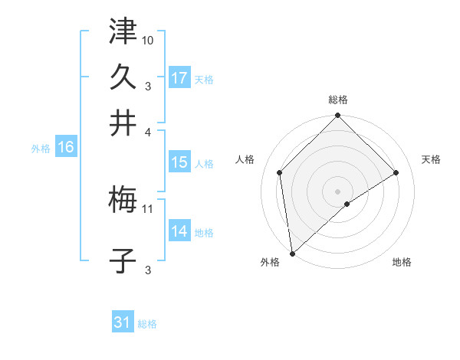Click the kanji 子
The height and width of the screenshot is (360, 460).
point(123,261)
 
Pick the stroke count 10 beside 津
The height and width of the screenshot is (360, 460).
point(148,40)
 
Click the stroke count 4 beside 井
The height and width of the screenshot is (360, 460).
point(149,131)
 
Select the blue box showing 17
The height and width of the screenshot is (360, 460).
point(179,78)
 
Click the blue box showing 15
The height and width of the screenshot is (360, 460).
point(179,162)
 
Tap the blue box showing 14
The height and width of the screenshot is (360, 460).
point(179,232)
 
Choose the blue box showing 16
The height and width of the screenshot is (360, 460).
point(66,148)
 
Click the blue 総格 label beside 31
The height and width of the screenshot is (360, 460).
point(147,324)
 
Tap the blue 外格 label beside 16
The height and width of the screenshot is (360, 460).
point(41,149)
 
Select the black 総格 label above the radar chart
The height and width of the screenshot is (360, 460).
point(337,100)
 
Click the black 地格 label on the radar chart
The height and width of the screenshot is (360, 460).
point(402,263)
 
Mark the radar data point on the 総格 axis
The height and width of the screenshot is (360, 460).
point(337,116)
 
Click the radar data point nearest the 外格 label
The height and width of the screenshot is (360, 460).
point(292,253)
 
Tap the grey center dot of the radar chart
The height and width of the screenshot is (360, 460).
point(337,191)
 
